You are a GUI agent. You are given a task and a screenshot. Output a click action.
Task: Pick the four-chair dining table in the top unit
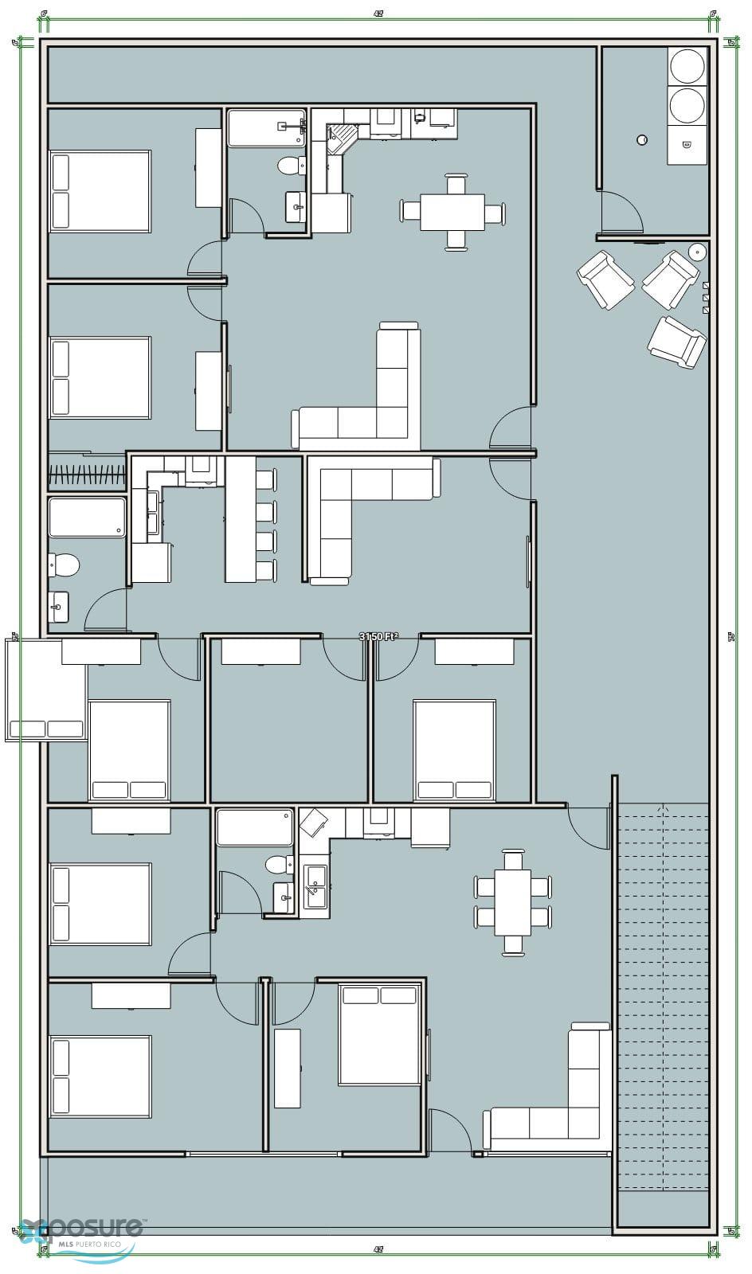(x=452, y=213)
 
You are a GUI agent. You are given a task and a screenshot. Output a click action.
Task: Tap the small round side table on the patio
(x=697, y=252)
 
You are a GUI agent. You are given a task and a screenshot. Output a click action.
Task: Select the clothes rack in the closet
(x=87, y=475)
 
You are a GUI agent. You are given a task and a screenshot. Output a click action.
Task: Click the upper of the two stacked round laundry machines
(x=687, y=65)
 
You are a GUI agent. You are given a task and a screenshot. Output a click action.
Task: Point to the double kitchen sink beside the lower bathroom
(x=317, y=885)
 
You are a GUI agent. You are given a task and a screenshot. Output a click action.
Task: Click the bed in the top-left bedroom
(x=100, y=191)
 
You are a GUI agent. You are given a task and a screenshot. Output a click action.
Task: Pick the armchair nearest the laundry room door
(x=605, y=279)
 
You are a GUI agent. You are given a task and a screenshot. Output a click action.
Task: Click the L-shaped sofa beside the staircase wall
(x=558, y=1099)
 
